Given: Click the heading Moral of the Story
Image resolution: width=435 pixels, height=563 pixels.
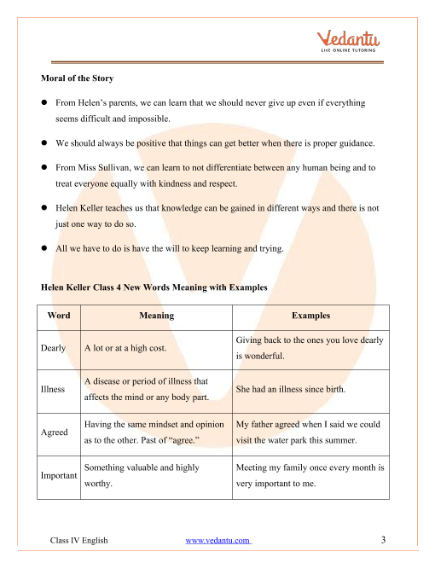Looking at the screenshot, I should coord(78,79).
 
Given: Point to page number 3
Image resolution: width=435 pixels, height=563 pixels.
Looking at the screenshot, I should coord(384,540).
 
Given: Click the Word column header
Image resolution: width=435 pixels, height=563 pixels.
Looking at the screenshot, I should coord(59,316).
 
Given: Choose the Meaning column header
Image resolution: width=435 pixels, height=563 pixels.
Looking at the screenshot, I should coord(156,316).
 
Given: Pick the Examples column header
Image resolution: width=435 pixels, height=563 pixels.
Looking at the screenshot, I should coord(310,316).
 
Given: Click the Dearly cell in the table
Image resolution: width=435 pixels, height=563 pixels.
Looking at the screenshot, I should coord(54,348).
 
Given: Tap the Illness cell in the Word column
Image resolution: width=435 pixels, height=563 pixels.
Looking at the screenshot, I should coord(53,389).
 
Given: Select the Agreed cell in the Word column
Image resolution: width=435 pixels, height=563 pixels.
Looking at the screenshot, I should coord(55,432).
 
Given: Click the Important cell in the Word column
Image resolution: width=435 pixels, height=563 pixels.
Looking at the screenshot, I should coord(59,475).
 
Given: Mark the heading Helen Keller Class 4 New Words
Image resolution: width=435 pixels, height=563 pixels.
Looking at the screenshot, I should coord(154,288).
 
